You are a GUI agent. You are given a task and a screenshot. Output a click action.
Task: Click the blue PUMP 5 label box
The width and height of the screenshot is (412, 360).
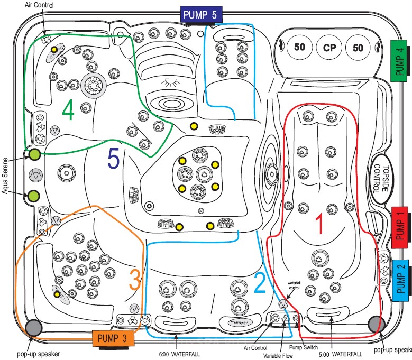199,14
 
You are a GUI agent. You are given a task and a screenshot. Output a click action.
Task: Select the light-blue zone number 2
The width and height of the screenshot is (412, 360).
259,283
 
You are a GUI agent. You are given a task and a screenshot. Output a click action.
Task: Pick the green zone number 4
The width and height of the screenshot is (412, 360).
68,110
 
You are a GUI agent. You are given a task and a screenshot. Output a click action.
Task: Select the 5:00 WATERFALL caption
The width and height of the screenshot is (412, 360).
341,354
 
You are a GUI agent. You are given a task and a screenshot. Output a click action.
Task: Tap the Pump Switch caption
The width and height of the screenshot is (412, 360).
303,347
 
